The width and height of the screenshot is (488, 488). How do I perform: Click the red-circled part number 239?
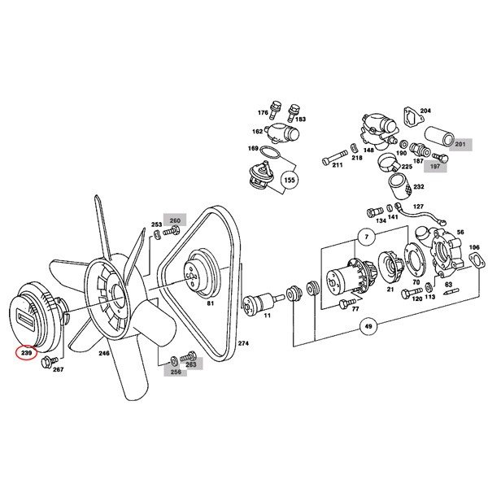26,353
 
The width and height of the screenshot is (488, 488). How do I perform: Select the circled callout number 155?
290,180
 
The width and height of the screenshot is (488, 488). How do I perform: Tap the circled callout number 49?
368,326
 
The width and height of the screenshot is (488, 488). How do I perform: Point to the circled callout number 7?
367,237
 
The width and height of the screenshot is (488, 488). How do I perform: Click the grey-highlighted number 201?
460,144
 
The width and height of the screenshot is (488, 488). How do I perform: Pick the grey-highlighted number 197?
435,166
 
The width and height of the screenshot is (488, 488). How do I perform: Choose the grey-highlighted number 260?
175,220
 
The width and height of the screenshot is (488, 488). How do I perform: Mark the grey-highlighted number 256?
176,372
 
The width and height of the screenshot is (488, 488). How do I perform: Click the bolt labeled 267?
49,362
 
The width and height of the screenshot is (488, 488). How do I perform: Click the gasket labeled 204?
413,118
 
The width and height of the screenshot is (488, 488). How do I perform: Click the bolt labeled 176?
275,109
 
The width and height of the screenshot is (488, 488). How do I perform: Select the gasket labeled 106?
477,260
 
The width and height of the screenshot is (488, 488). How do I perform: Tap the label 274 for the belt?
243,343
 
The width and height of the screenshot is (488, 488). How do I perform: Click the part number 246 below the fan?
104,353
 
